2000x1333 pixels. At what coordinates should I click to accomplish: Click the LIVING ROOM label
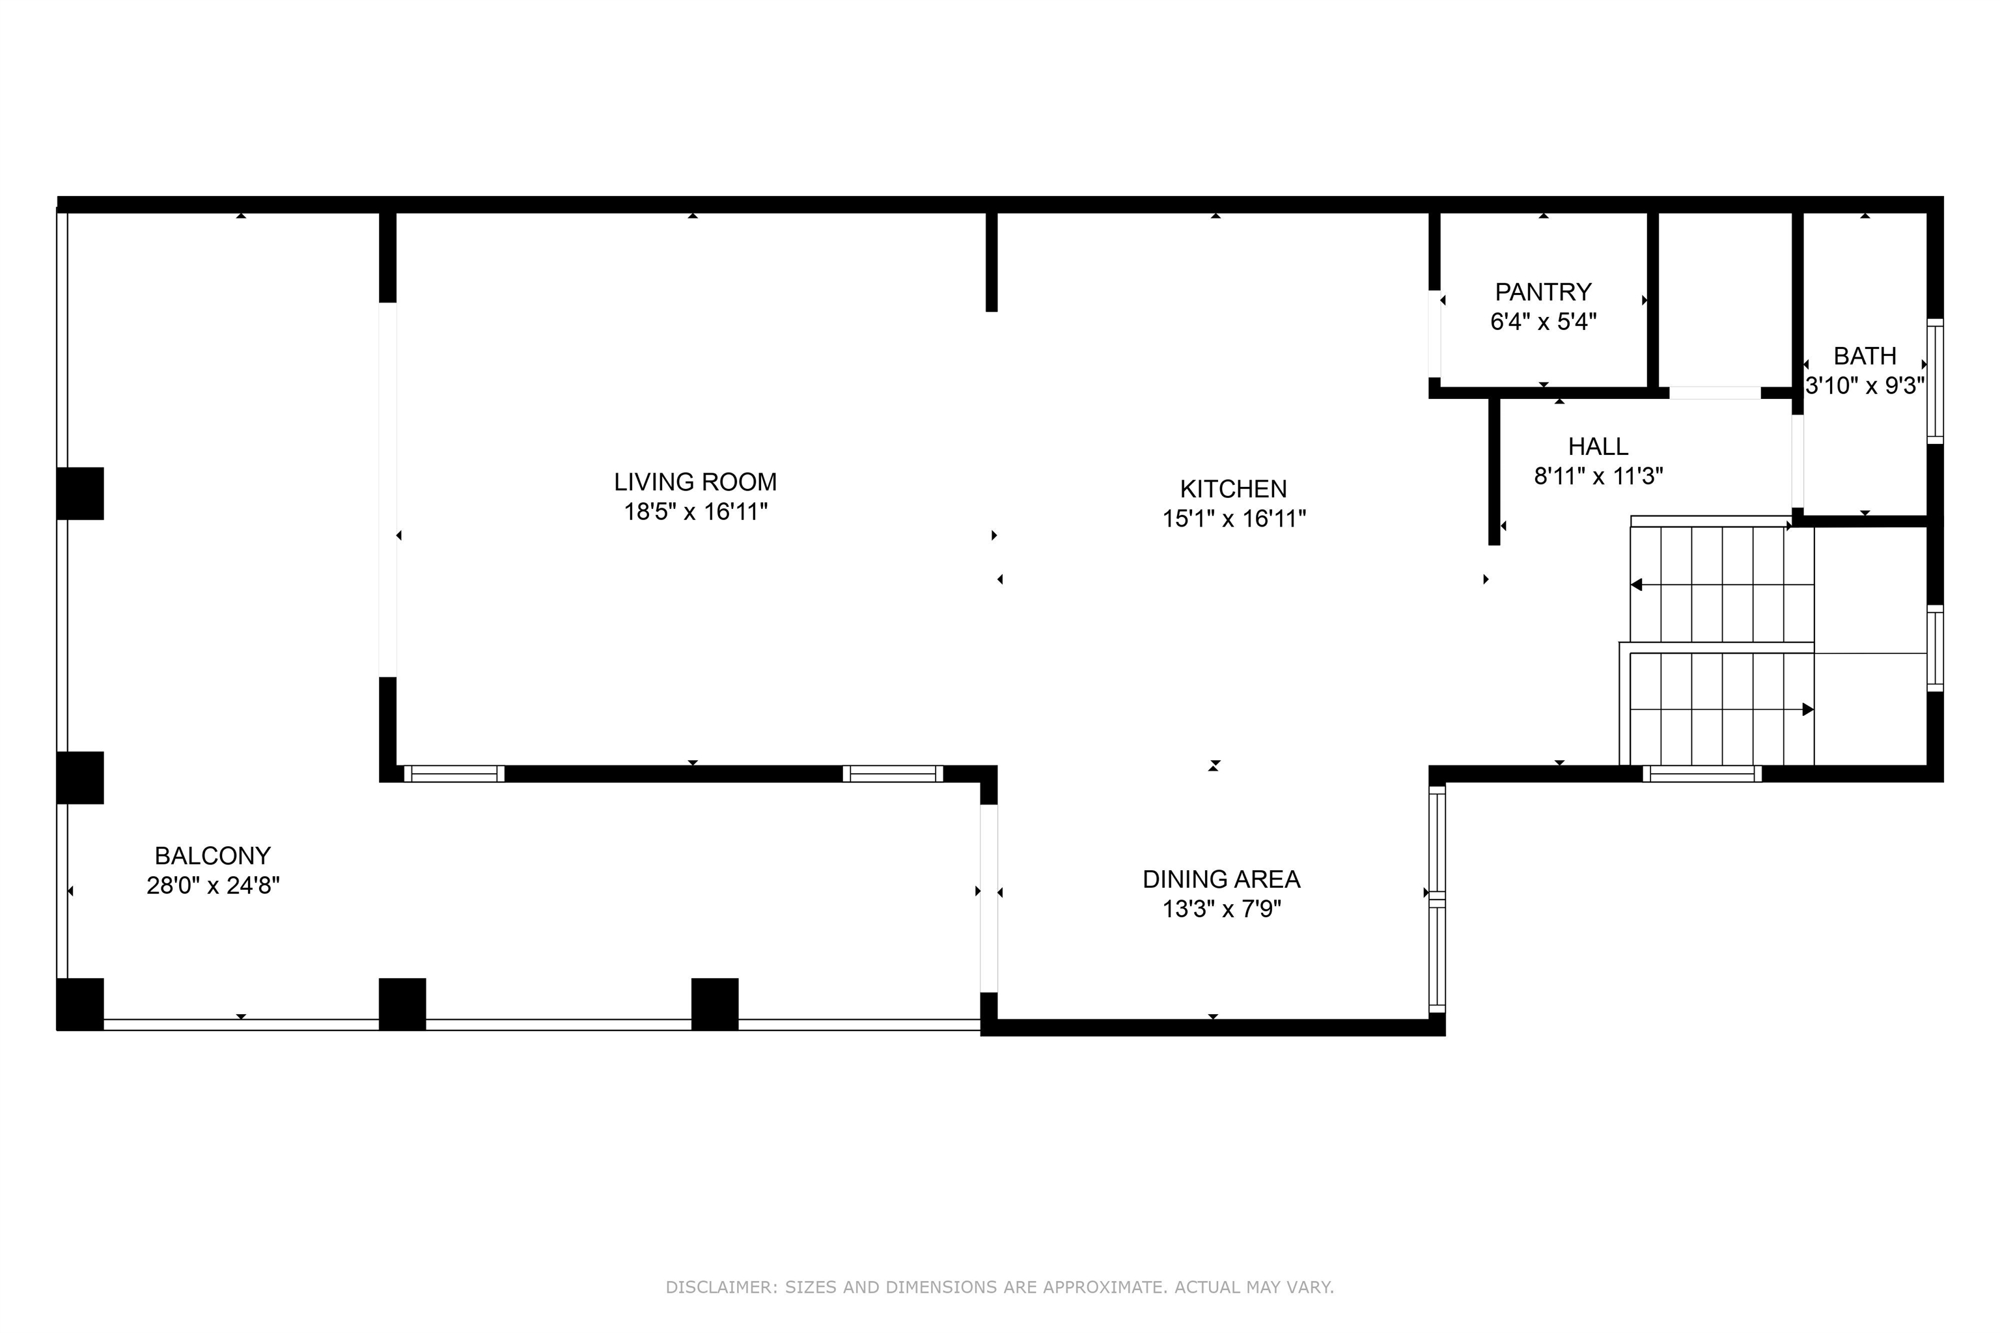point(695,482)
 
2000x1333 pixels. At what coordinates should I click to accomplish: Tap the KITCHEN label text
point(1233,489)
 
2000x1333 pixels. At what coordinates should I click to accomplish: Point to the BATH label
point(1864,355)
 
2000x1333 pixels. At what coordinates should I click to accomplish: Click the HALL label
point(1598,447)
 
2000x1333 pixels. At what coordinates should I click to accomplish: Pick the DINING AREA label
point(1221,879)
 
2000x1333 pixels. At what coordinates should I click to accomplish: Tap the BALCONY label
point(213,855)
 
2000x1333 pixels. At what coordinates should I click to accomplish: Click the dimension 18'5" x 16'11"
point(695,512)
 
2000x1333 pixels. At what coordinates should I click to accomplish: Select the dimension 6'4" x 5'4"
point(1544,322)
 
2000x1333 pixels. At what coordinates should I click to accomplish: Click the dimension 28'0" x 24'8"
point(213,886)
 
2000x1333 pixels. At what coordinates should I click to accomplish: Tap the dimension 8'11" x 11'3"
point(1598,476)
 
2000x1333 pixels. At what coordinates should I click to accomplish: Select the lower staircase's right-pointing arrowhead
point(1808,709)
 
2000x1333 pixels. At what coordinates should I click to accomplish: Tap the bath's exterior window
point(1934,381)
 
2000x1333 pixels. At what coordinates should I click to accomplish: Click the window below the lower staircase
point(1702,774)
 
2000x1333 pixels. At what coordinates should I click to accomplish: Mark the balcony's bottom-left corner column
point(80,1004)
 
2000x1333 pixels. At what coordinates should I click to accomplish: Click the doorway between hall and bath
point(1798,461)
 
